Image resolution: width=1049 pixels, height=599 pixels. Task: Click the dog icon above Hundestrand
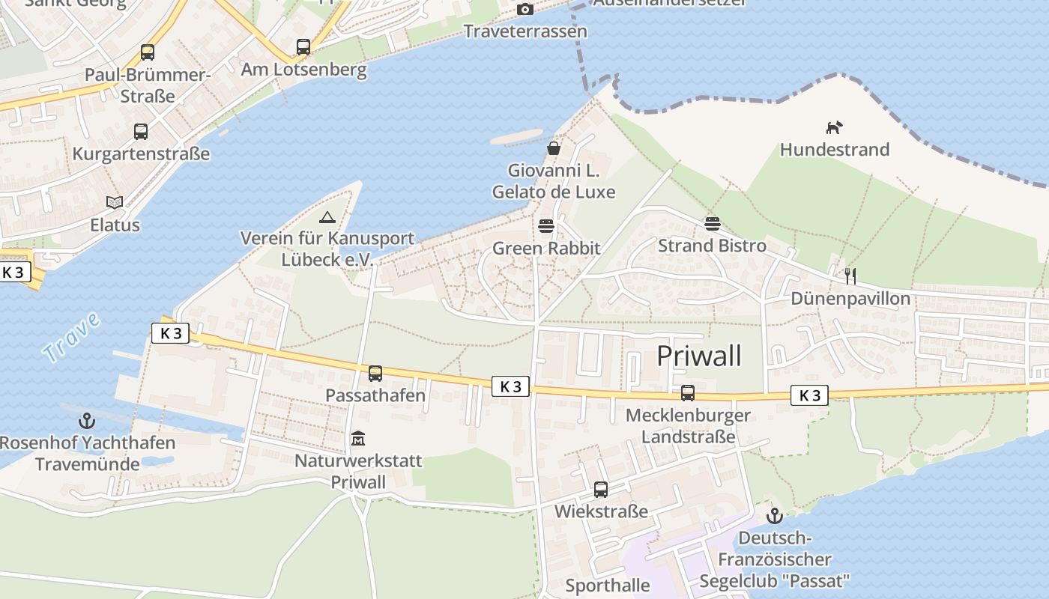click(834, 127)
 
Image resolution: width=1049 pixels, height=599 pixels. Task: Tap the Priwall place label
click(699, 356)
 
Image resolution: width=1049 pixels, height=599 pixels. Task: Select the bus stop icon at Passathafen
click(375, 373)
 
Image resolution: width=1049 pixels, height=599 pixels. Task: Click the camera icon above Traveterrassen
click(525, 9)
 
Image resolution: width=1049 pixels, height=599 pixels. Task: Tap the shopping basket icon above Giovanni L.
click(554, 148)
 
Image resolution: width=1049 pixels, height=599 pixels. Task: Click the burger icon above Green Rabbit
click(546, 226)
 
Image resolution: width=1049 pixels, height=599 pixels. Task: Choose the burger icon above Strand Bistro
click(712, 223)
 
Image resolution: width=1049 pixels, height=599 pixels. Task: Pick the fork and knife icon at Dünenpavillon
click(850, 276)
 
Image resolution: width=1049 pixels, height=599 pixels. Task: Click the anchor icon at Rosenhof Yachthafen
click(87, 420)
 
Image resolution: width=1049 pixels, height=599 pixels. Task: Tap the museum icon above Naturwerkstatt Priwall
click(358, 438)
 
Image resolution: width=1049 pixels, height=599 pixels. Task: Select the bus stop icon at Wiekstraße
click(601, 490)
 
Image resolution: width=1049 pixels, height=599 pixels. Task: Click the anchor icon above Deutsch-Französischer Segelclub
click(774, 516)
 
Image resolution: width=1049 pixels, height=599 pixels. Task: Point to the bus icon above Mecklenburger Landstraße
click(688, 392)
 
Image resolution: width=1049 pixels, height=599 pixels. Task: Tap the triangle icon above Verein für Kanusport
click(327, 218)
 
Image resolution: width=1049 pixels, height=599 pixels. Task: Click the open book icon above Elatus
click(115, 202)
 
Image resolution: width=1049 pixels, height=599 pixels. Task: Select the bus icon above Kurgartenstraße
click(141, 132)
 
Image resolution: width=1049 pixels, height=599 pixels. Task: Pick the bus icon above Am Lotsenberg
click(303, 47)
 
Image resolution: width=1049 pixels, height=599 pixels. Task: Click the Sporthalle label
click(608, 585)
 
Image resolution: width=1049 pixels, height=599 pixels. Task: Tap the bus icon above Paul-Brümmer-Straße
click(148, 52)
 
